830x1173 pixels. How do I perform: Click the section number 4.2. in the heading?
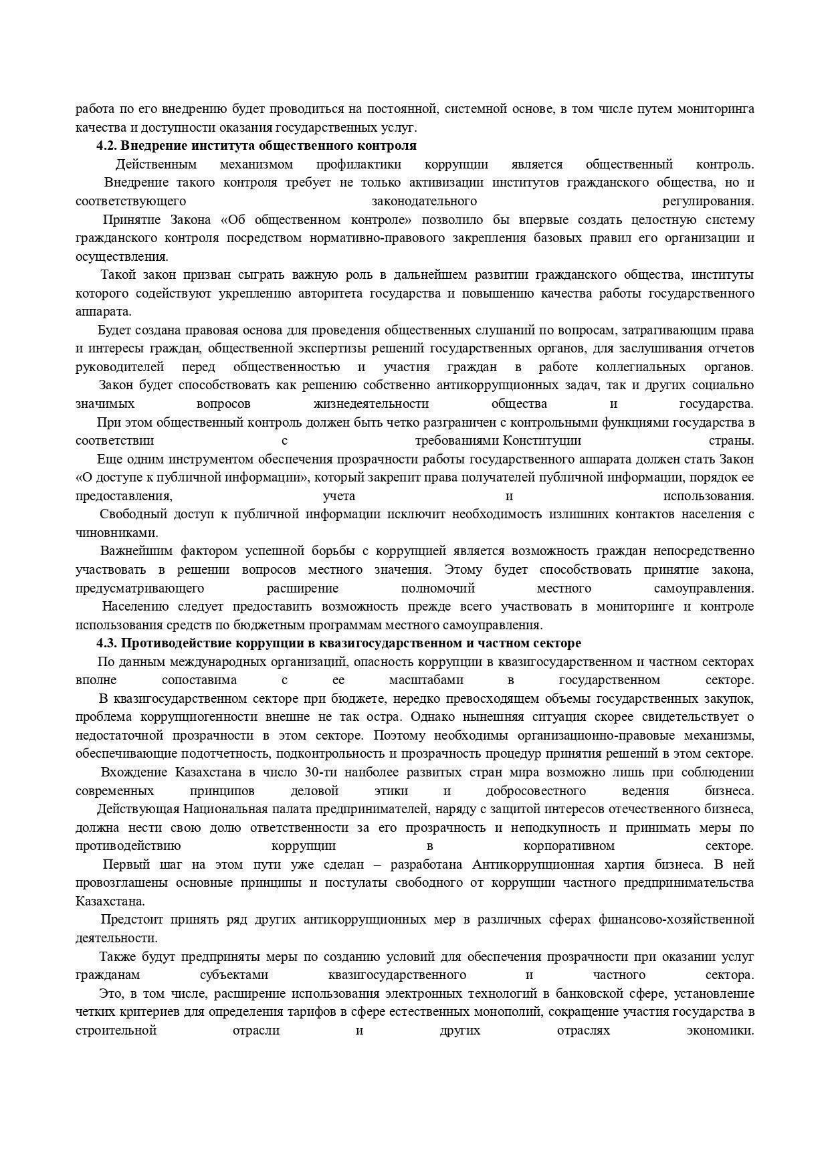pyautogui.click(x=108, y=146)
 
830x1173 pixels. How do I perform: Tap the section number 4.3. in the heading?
pyautogui.click(x=108, y=643)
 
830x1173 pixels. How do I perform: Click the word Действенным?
pyautogui.click(x=156, y=165)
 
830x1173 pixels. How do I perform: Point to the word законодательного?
pyautogui.click(x=424, y=201)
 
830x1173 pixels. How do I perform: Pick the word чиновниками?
pyautogui.click(x=117, y=533)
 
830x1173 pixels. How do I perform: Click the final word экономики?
pyautogui.click(x=720, y=1031)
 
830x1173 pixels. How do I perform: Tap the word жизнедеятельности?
pyautogui.click(x=371, y=404)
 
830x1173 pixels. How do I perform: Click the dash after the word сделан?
pyautogui.click(x=377, y=865)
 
